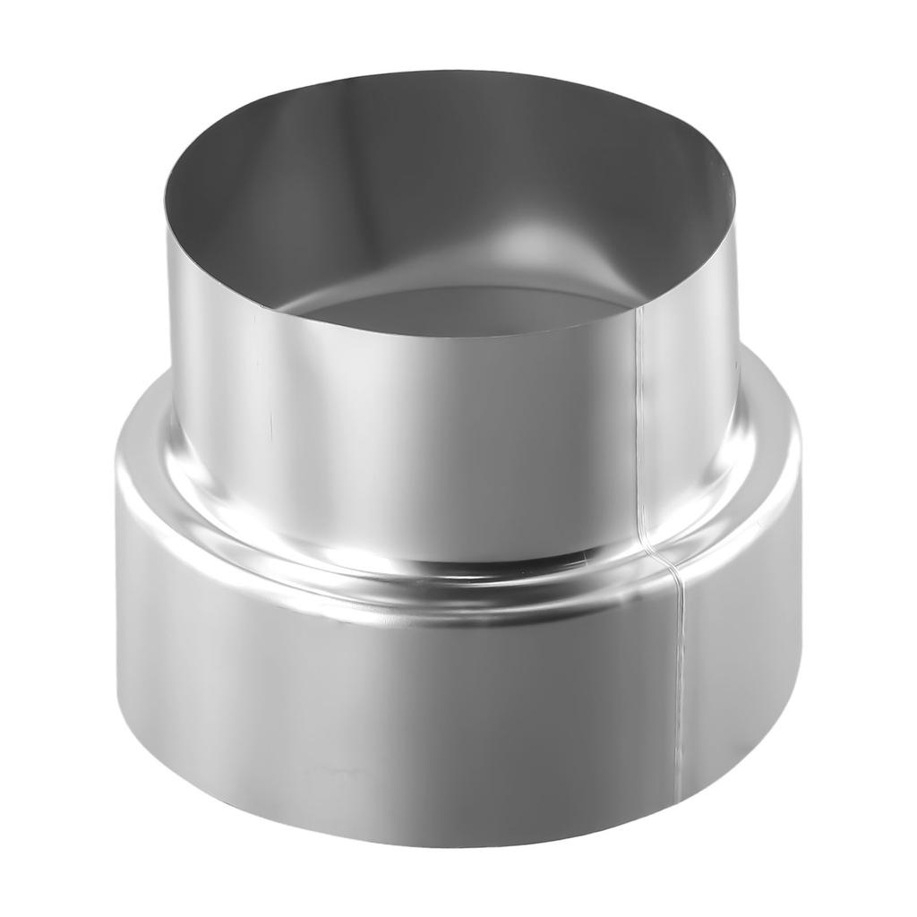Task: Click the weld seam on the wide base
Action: click(x=678, y=681)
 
